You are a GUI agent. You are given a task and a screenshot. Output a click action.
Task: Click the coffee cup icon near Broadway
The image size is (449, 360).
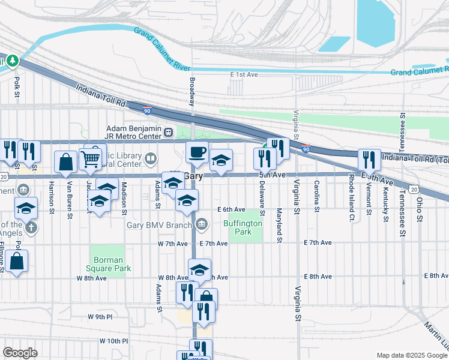(197, 153)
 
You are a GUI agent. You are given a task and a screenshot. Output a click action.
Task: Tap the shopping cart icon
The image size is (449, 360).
(90, 159)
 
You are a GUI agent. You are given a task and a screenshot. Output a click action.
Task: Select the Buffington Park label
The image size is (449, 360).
(243, 227)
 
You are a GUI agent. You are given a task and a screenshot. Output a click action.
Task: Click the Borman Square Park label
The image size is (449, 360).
(108, 265)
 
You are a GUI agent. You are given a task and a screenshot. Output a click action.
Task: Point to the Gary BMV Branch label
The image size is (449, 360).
(158, 225)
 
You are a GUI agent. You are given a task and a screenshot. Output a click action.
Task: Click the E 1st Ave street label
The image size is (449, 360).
(244, 74)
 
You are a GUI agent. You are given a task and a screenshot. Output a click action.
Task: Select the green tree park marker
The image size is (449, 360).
(12, 61)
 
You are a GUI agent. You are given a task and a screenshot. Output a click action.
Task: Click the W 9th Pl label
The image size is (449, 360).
(100, 316)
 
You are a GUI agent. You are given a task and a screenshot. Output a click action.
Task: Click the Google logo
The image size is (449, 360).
(20, 353)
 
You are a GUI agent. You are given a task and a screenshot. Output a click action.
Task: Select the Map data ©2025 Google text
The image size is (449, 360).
(411, 355)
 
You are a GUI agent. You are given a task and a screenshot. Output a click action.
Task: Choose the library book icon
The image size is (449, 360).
(151, 159)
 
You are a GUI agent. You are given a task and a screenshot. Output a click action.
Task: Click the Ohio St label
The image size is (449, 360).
(420, 209)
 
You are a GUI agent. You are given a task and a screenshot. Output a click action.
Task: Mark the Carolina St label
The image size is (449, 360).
(316, 197)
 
